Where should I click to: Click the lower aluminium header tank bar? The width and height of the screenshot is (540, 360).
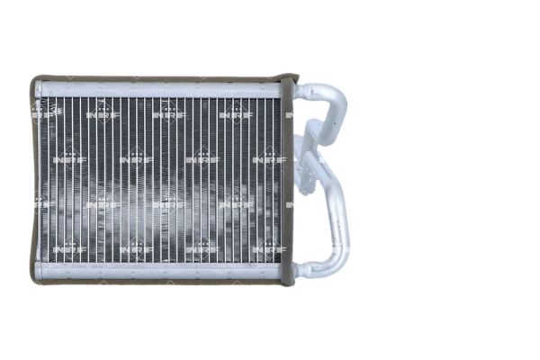coord(157,270)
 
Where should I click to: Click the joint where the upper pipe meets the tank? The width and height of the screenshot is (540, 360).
coord(301,90)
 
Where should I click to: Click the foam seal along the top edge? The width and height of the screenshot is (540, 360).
coord(157,78)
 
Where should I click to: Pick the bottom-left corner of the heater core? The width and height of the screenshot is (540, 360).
coord(36,280)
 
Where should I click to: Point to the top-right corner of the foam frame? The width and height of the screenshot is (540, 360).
coord(290,79)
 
